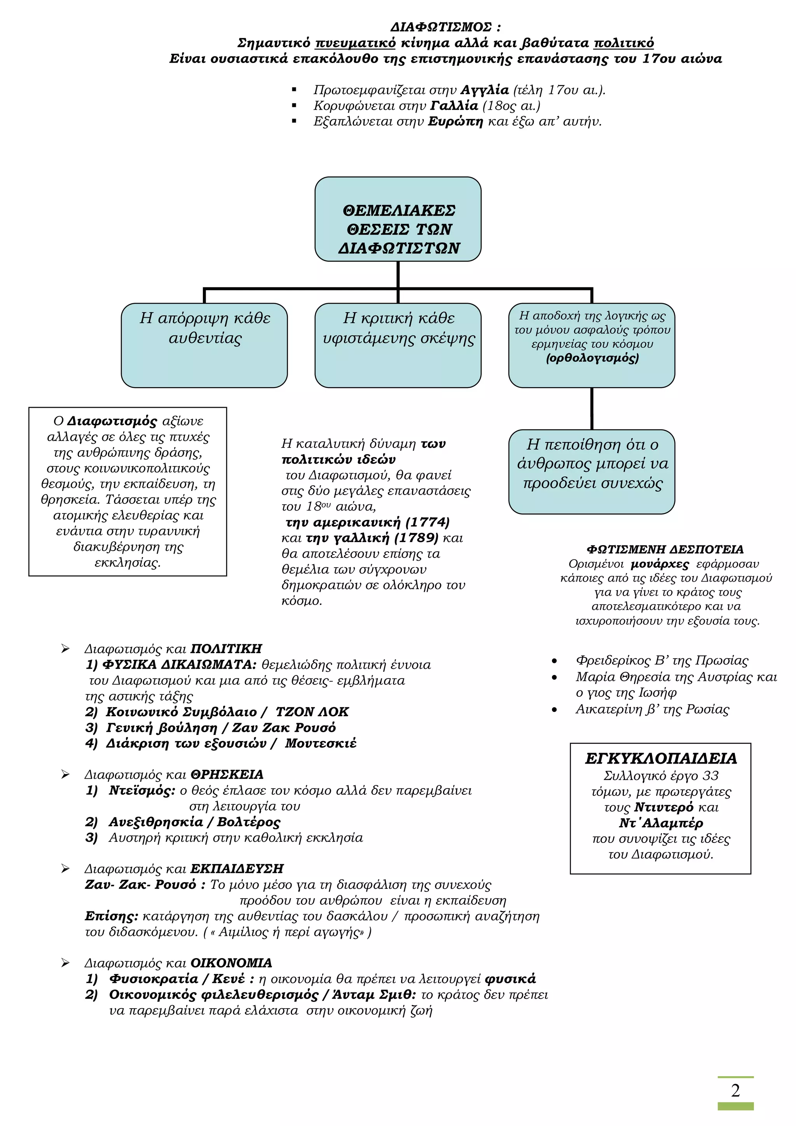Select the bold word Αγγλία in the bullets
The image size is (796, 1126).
(485, 90)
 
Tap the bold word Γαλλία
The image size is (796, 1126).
(454, 106)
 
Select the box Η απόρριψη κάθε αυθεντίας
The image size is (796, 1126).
(204, 345)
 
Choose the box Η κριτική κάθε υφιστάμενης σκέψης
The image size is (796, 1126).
(398, 345)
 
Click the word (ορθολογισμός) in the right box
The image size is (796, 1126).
(592, 358)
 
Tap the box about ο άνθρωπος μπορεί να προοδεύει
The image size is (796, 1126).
(592, 472)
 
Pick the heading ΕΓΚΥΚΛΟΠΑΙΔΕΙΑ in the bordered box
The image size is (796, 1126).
(661, 759)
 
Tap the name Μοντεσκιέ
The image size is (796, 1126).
(321, 743)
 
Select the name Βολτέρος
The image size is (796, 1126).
(249, 822)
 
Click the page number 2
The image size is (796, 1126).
(735, 1090)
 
